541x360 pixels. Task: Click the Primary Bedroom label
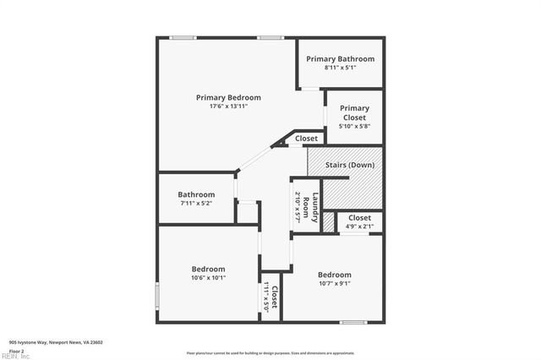(228, 97)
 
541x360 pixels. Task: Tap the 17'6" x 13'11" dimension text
(228, 106)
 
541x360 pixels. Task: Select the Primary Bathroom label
(340, 58)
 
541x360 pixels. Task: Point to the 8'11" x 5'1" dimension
(340, 68)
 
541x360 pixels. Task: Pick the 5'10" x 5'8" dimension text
(355, 126)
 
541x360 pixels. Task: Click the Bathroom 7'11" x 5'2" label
(196, 199)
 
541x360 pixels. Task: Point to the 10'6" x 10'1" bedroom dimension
(208, 278)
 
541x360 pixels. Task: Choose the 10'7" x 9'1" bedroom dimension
(335, 284)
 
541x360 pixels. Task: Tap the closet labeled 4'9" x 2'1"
(360, 221)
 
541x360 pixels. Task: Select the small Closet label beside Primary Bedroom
(306, 138)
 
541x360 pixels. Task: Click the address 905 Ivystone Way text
(56, 342)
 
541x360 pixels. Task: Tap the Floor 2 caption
(16, 350)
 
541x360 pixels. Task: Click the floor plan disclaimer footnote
(270, 352)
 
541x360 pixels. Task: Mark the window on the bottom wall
(352, 322)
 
